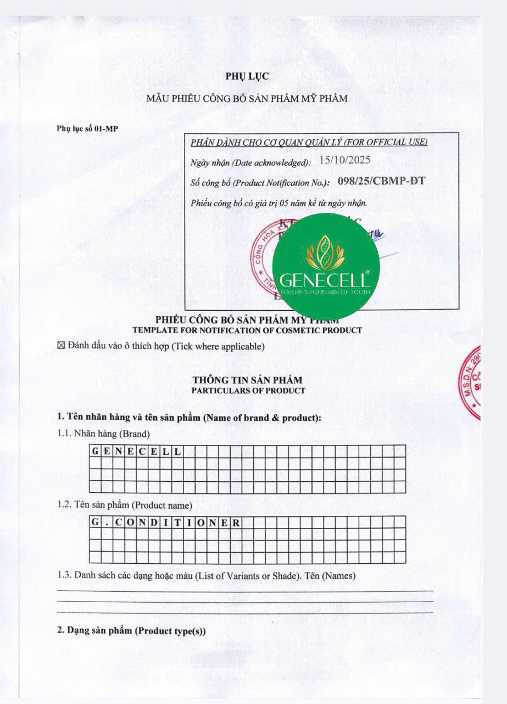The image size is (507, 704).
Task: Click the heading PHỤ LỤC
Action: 247,76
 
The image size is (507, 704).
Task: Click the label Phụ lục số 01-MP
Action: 87,129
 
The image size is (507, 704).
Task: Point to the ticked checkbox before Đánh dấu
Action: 61,346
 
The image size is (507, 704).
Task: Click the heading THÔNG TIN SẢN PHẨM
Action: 247,380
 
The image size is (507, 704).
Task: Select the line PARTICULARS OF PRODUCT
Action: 248,391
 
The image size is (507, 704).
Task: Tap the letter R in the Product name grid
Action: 236,522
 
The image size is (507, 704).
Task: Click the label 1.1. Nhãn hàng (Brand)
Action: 103,433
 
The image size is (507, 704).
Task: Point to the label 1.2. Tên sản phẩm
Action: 125,504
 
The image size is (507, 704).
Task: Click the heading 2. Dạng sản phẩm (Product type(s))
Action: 132,631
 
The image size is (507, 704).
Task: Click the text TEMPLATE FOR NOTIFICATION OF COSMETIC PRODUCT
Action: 247,330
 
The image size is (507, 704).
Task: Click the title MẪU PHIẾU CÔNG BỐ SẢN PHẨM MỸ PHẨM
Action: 247,99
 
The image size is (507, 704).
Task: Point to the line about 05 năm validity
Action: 278,204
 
